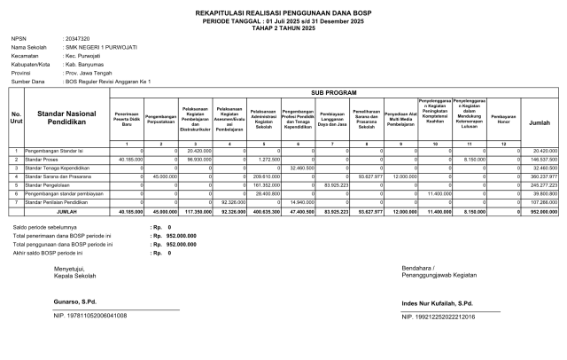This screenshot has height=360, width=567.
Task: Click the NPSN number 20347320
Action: point(79,39)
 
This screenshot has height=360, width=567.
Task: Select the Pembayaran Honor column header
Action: point(503,117)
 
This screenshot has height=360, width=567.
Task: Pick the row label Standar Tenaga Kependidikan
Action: point(58,167)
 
